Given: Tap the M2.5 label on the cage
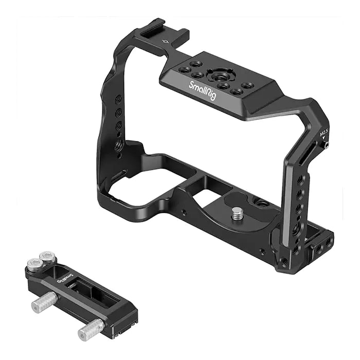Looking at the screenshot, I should coord(324,133).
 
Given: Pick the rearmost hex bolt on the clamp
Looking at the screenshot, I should coord(47,256).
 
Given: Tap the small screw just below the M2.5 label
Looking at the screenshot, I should coord(327,146).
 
